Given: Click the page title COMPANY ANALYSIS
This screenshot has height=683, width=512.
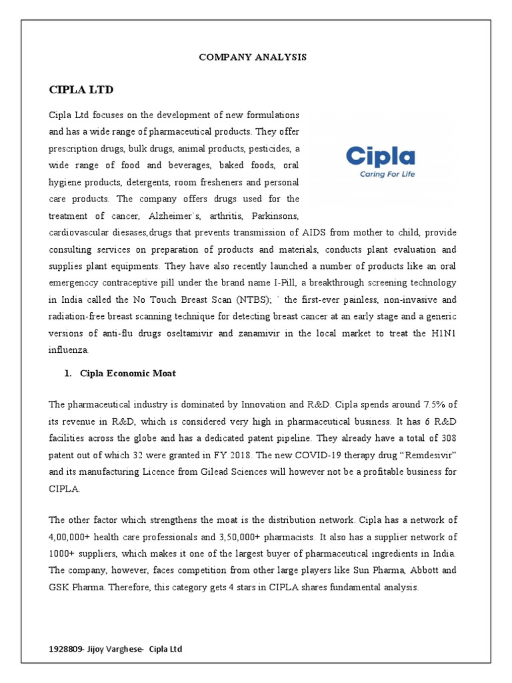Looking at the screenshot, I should click(253, 57).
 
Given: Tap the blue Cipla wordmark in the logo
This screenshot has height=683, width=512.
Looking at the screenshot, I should click(380, 157).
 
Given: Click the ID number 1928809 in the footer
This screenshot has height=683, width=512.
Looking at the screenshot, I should click(65, 649).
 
